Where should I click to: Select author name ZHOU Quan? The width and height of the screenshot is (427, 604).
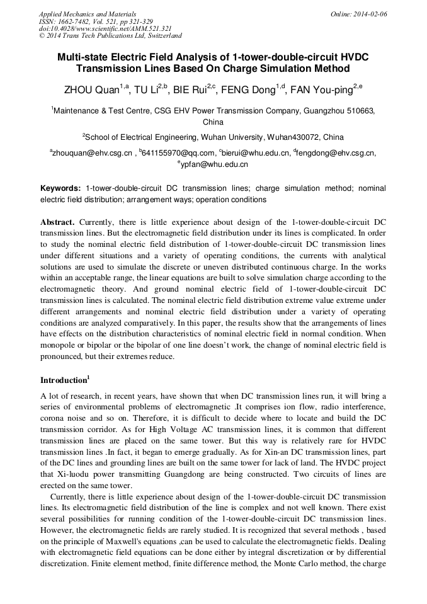coord(92,90)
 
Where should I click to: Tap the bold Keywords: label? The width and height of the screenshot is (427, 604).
coord(60,188)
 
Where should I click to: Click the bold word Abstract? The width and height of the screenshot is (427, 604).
coord(58,222)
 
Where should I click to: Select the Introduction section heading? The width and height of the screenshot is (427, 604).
coord(63,380)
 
